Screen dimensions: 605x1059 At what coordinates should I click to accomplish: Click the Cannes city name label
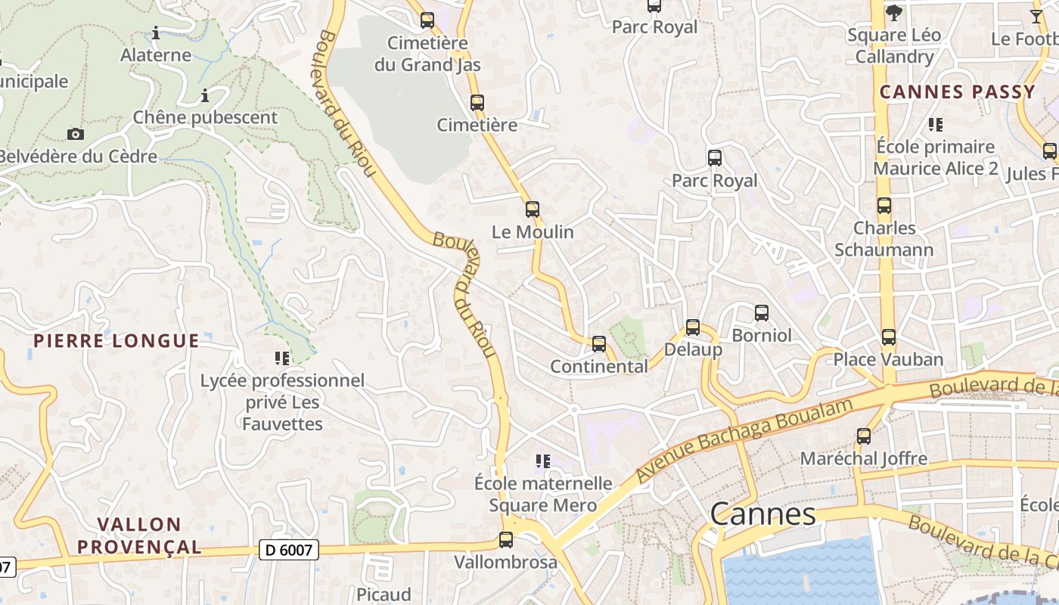[x=762, y=514]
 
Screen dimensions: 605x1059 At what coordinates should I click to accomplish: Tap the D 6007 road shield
[x=288, y=550]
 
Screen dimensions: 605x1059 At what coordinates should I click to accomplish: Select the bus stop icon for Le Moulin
[x=533, y=209]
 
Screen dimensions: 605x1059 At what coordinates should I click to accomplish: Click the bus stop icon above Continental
[x=599, y=344]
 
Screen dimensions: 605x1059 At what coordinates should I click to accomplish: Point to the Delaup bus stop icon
[x=693, y=327]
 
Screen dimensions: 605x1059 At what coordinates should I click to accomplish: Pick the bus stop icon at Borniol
[x=762, y=312]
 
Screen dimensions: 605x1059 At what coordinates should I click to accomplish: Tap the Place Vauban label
[x=888, y=359]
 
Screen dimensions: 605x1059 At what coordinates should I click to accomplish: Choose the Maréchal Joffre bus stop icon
[x=864, y=436]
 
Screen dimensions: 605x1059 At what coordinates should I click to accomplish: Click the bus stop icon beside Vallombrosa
[x=506, y=540]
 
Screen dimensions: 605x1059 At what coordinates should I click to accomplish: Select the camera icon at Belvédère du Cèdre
[x=76, y=134]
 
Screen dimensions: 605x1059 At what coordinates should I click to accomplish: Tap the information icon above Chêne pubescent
[x=205, y=95]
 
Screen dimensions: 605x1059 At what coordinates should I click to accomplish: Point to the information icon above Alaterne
[x=156, y=33]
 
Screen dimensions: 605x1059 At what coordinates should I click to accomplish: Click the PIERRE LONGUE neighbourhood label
[x=116, y=341]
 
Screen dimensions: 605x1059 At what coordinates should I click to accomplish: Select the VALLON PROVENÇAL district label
[x=139, y=535]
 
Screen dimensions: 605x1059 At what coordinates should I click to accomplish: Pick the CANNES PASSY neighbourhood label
[x=957, y=92]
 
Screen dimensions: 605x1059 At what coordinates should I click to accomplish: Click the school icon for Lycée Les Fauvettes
[x=282, y=358]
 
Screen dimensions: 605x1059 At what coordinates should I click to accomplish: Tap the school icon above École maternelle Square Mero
[x=542, y=461]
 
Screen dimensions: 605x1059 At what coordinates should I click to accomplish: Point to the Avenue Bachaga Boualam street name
[x=744, y=440]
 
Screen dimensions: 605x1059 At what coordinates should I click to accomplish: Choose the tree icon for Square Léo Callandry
[x=894, y=12]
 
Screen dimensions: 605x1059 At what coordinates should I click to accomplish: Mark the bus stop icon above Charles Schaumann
[x=884, y=205]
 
